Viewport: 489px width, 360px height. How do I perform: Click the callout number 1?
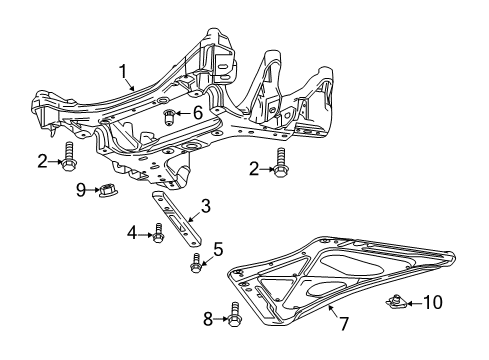pyautogui.click(x=124, y=71)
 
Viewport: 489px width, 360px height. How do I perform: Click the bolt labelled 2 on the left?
pyautogui.click(x=70, y=158)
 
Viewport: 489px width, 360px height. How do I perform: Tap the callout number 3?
pyautogui.click(x=205, y=206)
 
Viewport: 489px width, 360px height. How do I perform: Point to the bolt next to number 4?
pyautogui.click(x=159, y=236)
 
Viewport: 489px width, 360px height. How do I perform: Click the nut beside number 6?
pyautogui.click(x=171, y=113)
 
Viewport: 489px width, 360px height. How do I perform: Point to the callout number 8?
pyautogui.click(x=208, y=319)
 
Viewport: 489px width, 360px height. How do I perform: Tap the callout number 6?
pyautogui.click(x=198, y=113)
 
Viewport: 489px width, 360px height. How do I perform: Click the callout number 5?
pyautogui.click(x=218, y=250)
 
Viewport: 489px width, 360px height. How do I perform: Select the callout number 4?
pyautogui.click(x=131, y=234)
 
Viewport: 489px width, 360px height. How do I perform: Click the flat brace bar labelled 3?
pyautogui.click(x=180, y=224)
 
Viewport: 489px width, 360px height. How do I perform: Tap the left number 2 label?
pyautogui.click(x=42, y=161)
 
